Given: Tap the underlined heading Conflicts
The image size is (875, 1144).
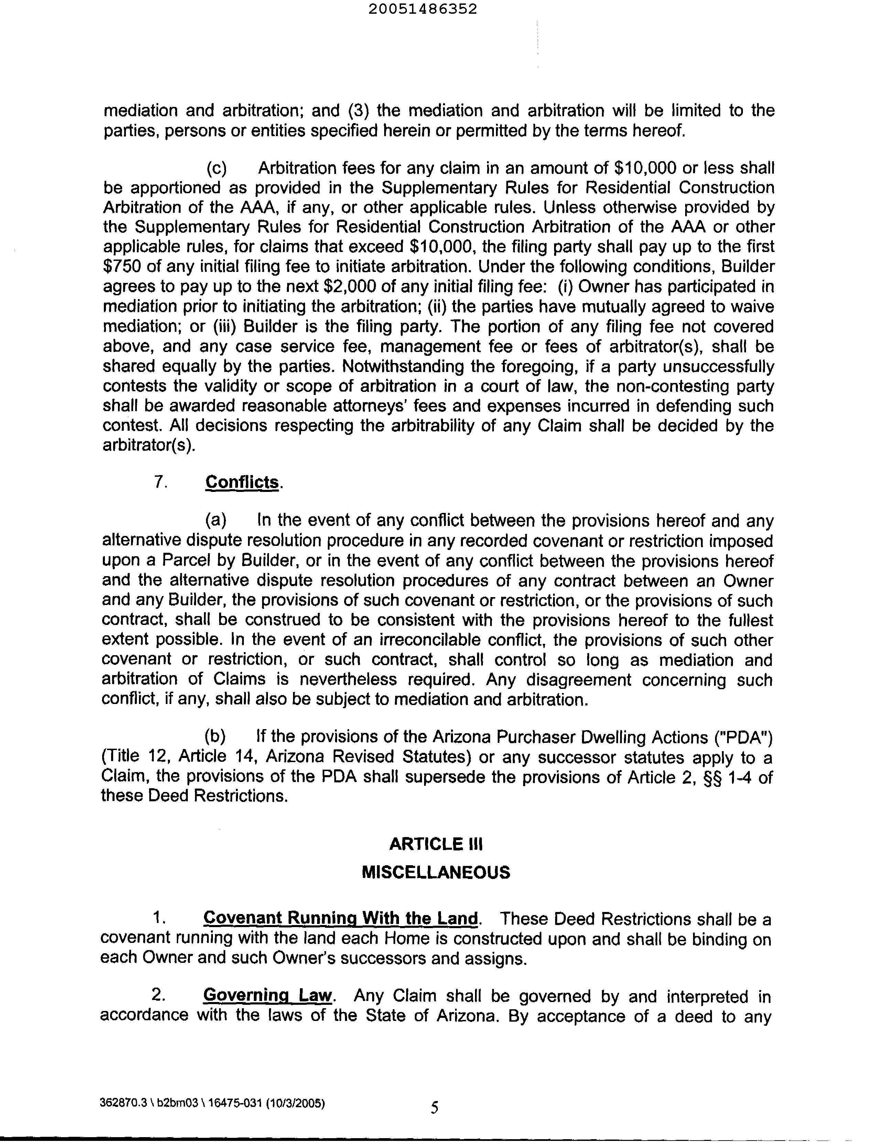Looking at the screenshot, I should (x=242, y=482).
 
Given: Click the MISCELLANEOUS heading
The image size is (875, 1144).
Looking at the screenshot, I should (x=436, y=872).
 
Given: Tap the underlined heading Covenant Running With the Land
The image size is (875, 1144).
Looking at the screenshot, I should (x=341, y=918).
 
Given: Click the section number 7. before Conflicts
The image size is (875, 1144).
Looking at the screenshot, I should (x=160, y=482).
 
